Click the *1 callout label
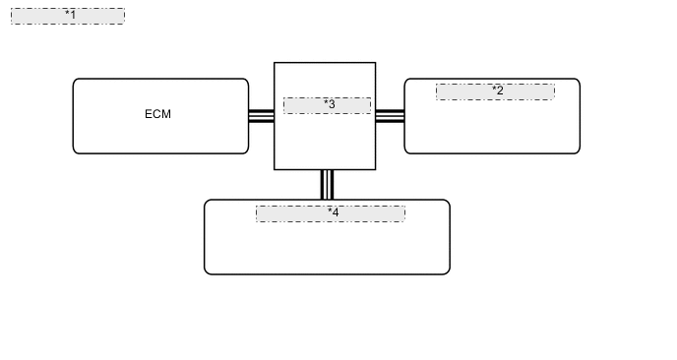point(69,16)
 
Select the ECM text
point(157,114)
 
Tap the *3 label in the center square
point(329,104)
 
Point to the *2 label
point(497,90)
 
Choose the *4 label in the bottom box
point(333,212)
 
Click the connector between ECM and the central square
point(261,115)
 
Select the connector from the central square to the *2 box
point(390,115)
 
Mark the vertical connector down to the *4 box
point(327,185)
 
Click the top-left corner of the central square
point(275,63)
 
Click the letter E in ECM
point(149,114)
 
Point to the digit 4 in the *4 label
point(336,212)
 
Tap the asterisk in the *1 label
point(66,15)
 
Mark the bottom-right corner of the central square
point(375,169)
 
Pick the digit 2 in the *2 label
point(500,90)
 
